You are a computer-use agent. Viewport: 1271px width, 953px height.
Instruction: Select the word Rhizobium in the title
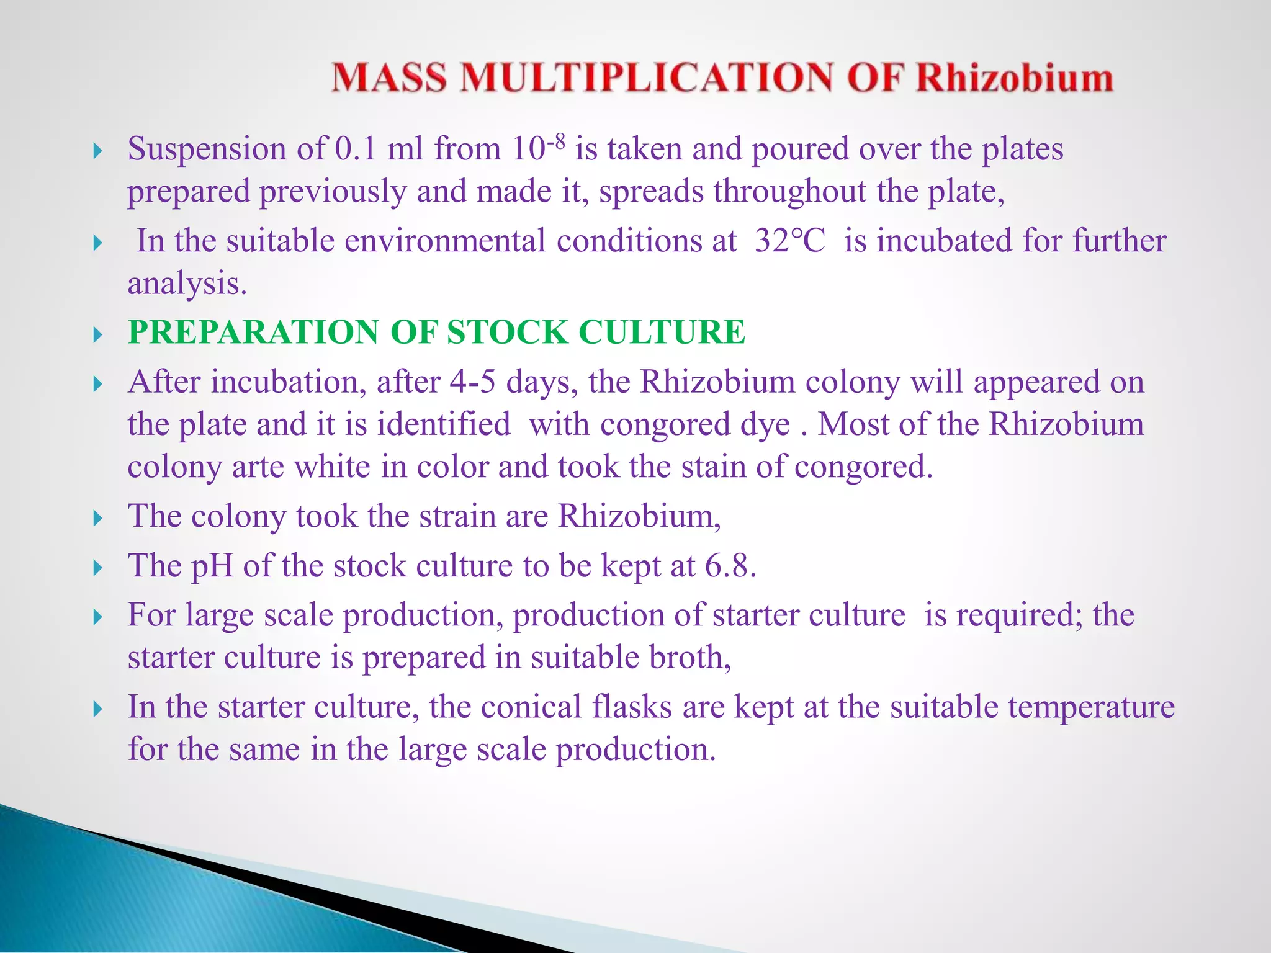1014,78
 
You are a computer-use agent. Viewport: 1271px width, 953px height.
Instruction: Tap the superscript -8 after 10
556,142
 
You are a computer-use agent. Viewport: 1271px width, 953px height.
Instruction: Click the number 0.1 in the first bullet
356,150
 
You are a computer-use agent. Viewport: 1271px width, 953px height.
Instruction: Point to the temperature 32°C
790,241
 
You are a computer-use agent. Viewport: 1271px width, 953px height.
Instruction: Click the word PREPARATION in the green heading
253,332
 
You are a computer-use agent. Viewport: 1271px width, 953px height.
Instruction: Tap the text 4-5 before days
472,382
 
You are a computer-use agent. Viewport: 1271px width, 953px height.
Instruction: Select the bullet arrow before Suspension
97,151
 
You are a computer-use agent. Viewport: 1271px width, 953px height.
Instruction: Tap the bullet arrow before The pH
97,568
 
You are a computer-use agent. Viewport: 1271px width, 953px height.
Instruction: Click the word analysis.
187,284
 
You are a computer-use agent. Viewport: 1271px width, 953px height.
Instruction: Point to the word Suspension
207,150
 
